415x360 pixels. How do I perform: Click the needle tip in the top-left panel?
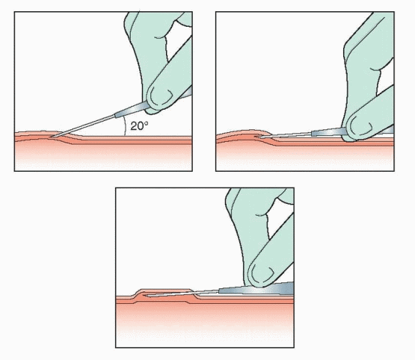tap(51, 137)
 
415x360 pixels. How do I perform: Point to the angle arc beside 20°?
tap(125, 126)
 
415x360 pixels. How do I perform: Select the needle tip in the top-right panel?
tap(259, 137)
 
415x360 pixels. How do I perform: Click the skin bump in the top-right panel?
tap(245, 133)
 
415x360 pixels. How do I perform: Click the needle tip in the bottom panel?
tap(148, 295)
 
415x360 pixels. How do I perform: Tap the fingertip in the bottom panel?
tap(262, 273)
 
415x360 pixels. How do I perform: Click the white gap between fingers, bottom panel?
tap(279, 216)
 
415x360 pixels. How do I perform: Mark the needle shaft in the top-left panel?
tap(84, 125)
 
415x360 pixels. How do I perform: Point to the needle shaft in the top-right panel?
tap(286, 135)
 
